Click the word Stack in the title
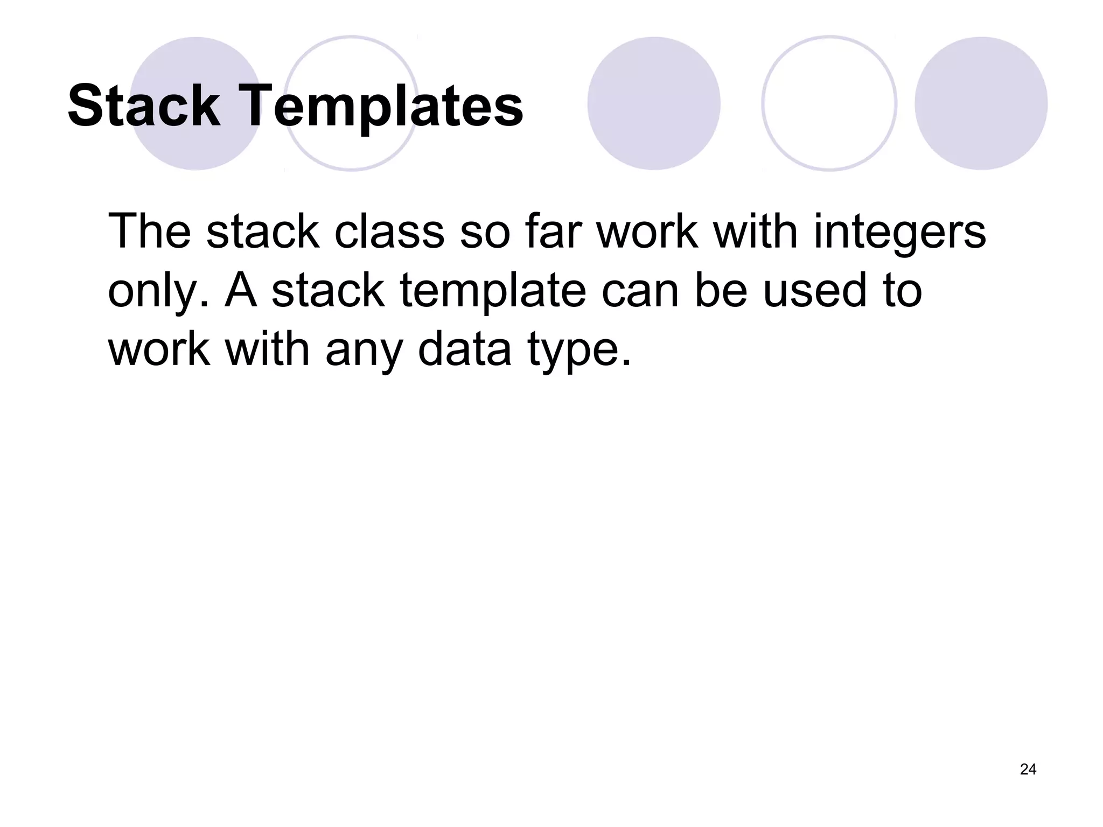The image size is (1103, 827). [144, 106]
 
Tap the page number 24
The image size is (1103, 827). [1028, 769]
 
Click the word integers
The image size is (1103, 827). [899, 233]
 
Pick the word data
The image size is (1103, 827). [464, 350]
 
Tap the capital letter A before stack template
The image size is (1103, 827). [241, 291]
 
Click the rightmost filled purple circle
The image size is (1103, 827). [981, 103]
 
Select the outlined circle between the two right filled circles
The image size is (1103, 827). [829, 103]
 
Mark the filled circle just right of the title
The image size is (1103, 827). [653, 103]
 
